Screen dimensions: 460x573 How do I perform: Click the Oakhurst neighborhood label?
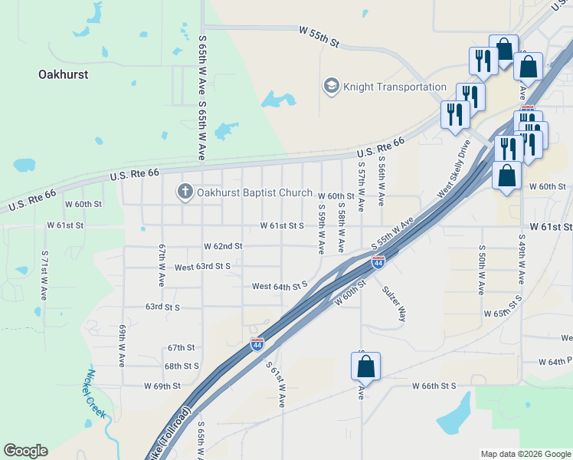(63, 74)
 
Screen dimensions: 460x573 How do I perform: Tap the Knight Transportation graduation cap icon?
(332, 87)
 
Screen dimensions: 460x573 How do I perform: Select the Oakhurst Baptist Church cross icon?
(185, 192)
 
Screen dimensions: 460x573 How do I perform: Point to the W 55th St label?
(319, 36)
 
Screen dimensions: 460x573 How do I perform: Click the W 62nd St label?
(223, 246)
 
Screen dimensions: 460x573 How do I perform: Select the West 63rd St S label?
(202, 267)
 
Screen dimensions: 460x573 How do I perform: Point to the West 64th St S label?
(280, 286)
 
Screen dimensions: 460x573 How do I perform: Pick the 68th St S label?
(182, 366)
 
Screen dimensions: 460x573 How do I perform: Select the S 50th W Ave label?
(481, 271)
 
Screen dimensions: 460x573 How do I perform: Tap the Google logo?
(25, 451)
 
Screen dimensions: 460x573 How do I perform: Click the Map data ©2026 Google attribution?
(525, 454)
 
